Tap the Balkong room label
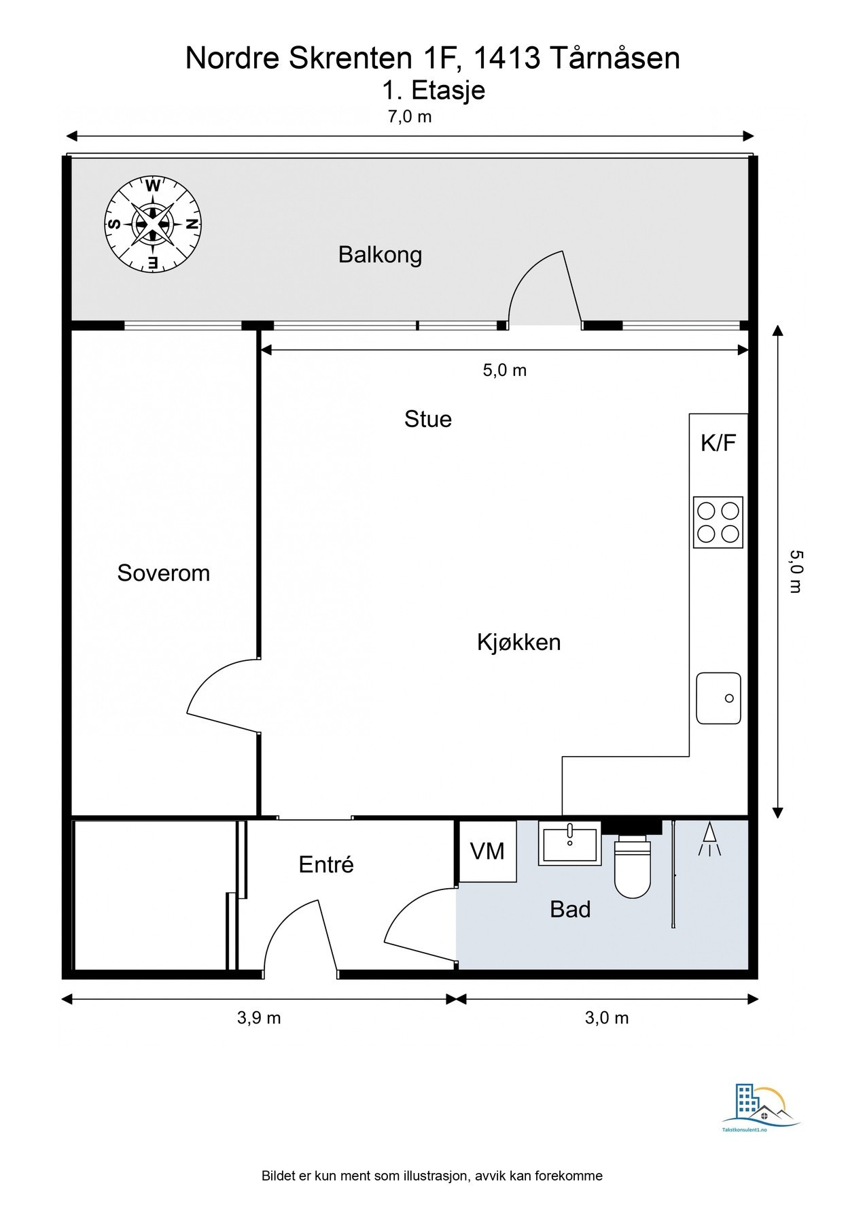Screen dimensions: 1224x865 [x=380, y=255]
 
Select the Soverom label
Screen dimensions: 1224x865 [x=163, y=573]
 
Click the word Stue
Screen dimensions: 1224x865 [x=427, y=419]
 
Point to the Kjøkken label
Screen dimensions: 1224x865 [x=518, y=642]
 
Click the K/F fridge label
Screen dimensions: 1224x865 [x=718, y=443]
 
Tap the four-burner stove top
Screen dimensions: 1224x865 [x=718, y=522]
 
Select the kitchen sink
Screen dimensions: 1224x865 [x=718, y=698]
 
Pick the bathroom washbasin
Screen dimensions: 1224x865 [x=569, y=844]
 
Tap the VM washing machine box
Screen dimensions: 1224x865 [x=487, y=851]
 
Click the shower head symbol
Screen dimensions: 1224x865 [x=709, y=838]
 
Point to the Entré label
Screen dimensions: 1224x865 [x=326, y=864]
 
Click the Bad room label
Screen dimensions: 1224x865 [x=569, y=909]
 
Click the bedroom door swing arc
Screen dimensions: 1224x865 [x=217, y=694]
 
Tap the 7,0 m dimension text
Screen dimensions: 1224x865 [x=409, y=116]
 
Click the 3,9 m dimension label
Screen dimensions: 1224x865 [x=258, y=1018]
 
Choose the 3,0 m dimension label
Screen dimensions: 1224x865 [x=606, y=1018]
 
